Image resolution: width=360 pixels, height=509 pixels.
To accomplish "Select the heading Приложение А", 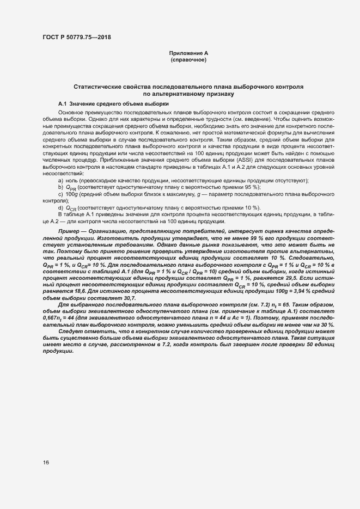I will click(x=188, y=53).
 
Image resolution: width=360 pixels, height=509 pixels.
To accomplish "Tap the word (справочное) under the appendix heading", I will click(x=188, y=59).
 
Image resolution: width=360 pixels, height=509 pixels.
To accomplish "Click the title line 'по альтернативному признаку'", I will click(x=188, y=94).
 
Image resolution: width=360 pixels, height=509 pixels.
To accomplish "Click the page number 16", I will click(x=46, y=463).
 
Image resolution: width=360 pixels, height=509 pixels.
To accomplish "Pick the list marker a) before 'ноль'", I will click(x=60, y=180).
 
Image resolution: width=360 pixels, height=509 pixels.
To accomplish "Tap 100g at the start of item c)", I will click(x=72, y=194).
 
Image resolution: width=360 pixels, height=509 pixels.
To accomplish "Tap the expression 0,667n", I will click(x=52, y=317).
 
